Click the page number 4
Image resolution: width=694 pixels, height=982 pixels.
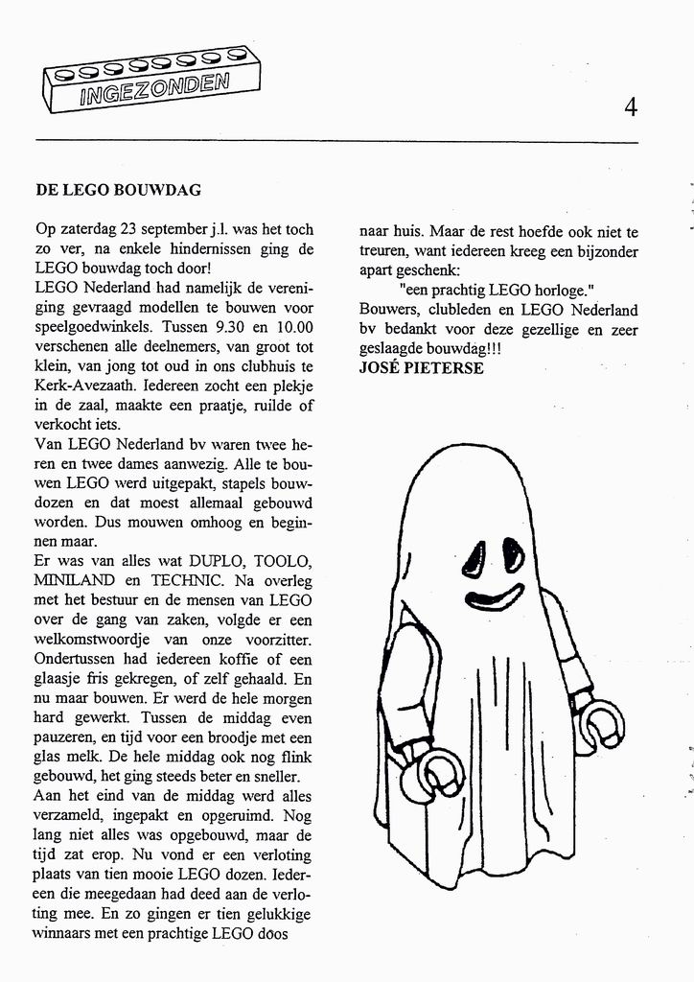(630, 106)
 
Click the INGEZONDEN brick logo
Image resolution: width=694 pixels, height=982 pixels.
(151, 82)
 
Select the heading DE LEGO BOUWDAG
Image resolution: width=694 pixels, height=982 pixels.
(118, 190)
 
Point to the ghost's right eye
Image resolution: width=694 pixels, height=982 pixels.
(513, 553)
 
